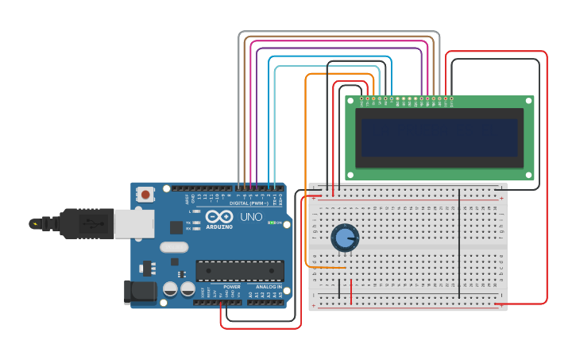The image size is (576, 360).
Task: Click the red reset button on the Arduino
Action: click(x=145, y=193)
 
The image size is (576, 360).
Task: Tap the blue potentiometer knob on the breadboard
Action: click(x=344, y=237)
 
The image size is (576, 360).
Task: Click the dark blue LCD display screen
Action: click(x=439, y=137)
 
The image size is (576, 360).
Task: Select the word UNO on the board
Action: click(x=251, y=217)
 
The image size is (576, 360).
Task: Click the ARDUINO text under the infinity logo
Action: click(x=219, y=226)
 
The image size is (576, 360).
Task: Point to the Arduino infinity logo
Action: click(x=219, y=216)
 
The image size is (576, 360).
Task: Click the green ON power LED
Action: click(x=271, y=223)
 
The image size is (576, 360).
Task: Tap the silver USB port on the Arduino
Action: click(x=133, y=224)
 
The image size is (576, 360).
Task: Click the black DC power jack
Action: click(x=139, y=292)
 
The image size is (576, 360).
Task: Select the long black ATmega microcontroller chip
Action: click(x=239, y=270)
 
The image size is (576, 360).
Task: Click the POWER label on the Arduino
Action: click(x=231, y=287)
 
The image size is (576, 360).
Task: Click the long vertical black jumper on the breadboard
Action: click(x=459, y=242)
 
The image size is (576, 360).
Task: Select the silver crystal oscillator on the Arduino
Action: click(x=174, y=247)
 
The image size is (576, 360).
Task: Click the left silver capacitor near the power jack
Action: click(x=170, y=288)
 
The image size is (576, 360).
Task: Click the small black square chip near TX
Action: click(x=176, y=227)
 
